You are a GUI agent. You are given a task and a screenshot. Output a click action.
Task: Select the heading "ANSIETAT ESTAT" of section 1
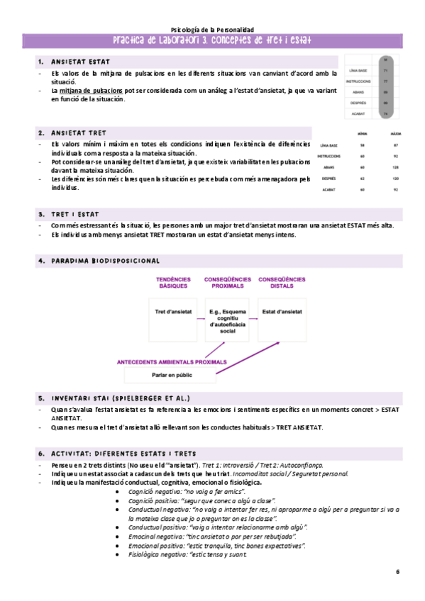(80, 62)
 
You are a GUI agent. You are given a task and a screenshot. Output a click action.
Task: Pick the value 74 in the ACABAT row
(385, 113)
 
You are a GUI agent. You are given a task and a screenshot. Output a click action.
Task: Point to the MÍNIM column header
(363, 133)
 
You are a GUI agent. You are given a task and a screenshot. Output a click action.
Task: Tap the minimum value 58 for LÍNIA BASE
(363, 145)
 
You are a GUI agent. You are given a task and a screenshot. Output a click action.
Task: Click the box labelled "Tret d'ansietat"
(173, 311)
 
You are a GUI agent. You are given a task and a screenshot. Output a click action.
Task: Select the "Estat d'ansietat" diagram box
(282, 311)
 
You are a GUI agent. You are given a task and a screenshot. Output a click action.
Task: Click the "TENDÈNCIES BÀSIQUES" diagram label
(173, 283)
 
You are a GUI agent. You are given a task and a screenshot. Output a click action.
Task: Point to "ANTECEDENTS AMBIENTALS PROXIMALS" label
(172, 361)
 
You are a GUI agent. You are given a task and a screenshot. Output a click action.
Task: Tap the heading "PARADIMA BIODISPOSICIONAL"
(105, 262)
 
